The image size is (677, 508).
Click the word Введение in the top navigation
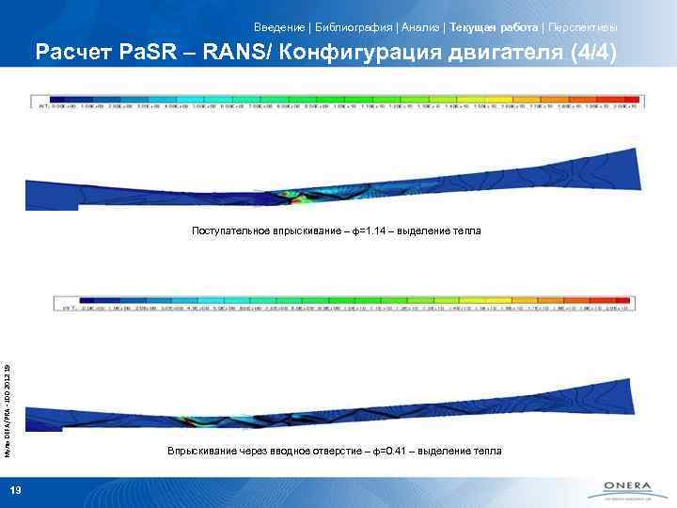279,26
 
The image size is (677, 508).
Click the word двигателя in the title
504,54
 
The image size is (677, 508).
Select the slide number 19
15,489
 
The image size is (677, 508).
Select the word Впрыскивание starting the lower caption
200,452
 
